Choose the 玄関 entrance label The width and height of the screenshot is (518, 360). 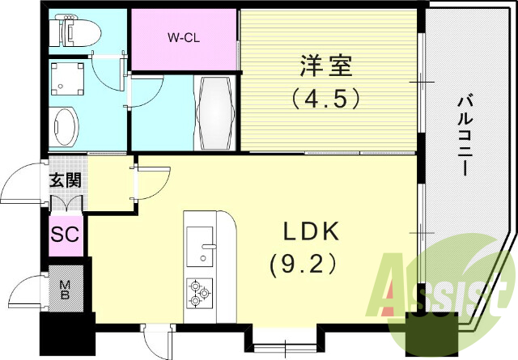(x=65, y=180)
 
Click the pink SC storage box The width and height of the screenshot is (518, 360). (x=65, y=235)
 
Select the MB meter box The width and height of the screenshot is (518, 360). (x=65, y=289)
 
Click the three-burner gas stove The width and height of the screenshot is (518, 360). (x=199, y=291)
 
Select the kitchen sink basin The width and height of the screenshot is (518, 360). (x=198, y=244)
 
